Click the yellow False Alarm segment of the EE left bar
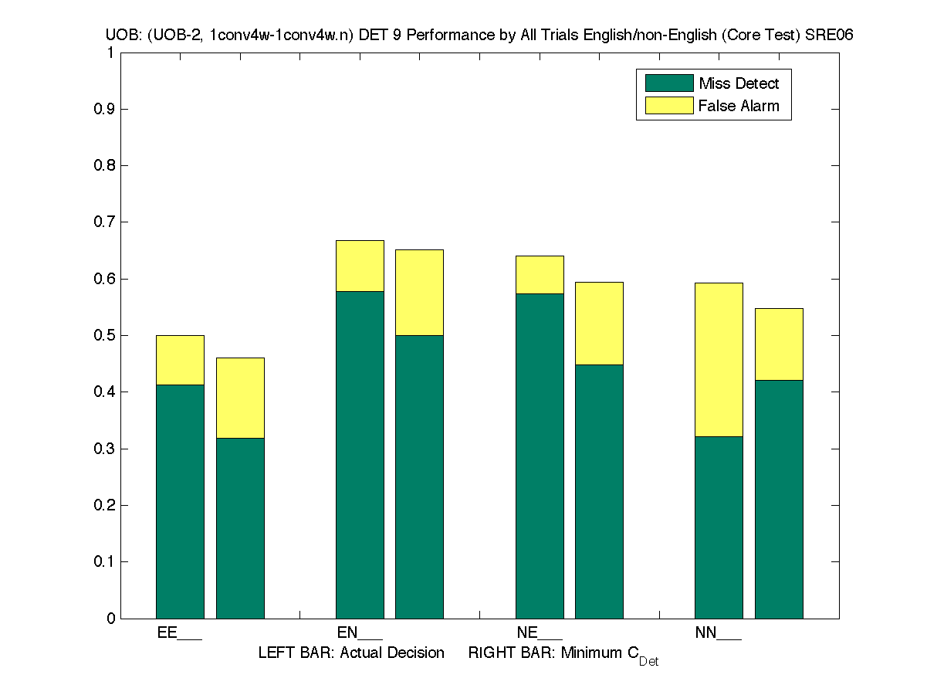click(180, 360)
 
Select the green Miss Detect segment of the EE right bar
click(240, 528)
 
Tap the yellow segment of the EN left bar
click(360, 266)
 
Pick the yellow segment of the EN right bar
click(419, 293)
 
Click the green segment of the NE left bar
click(540, 456)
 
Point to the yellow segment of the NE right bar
click(599, 324)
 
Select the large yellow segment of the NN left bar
click(719, 360)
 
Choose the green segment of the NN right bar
click(779, 499)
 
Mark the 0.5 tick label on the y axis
click(103, 335)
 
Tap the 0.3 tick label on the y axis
click(103, 449)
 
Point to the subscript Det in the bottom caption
click(648, 662)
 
